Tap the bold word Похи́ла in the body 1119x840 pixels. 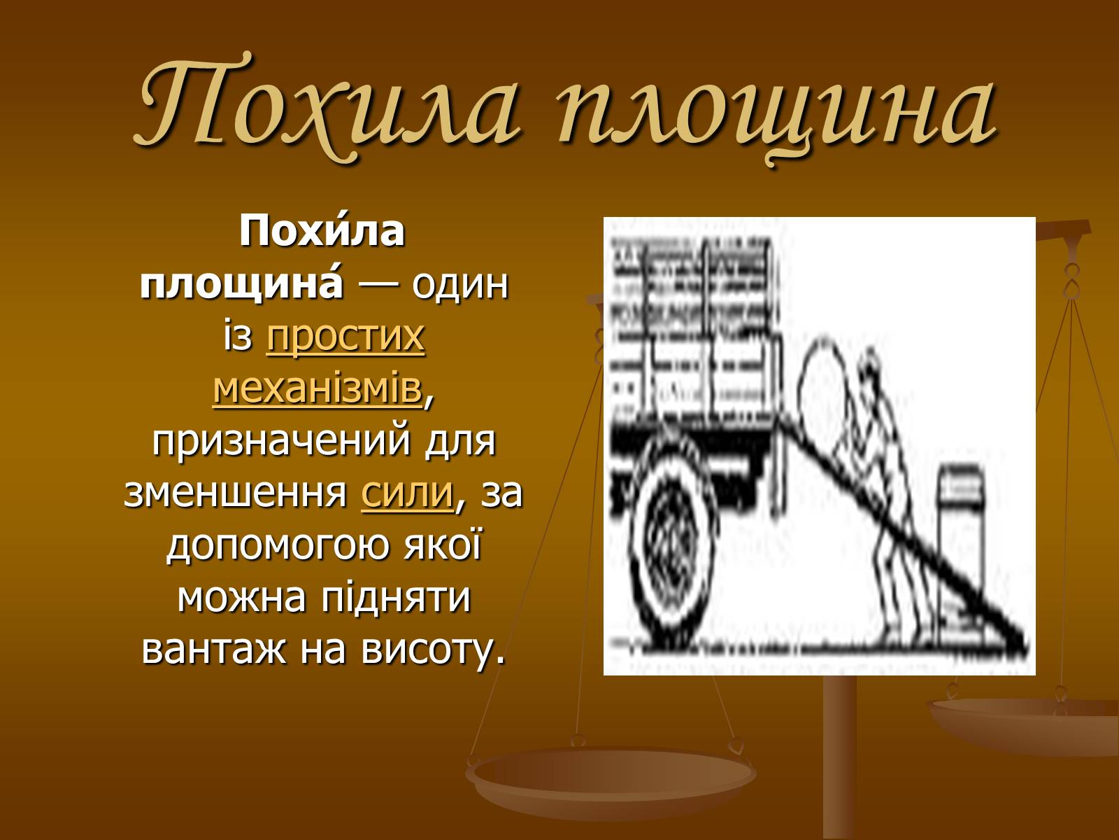(x=322, y=230)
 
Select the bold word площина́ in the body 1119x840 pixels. (x=242, y=285)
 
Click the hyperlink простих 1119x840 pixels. (x=345, y=337)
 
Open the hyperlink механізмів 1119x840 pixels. (x=318, y=389)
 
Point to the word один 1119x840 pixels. (x=459, y=285)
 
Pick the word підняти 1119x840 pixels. (x=395, y=598)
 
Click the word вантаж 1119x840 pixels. (x=213, y=650)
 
